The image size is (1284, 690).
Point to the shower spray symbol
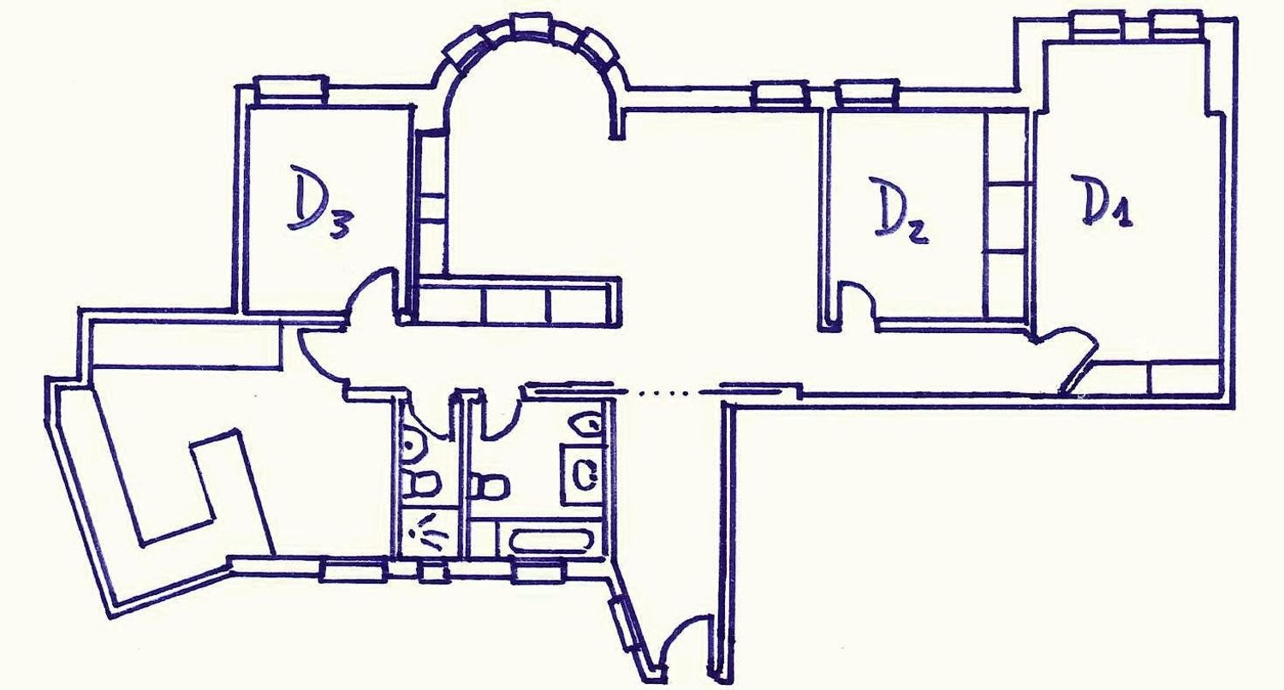pyautogui.click(x=428, y=534)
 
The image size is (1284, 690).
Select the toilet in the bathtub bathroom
pyautogui.click(x=489, y=487)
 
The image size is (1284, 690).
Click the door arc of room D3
pyautogui.click(x=370, y=288)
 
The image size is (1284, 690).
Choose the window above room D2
pyautogui.click(x=865, y=94)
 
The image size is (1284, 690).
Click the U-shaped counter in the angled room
pyautogui.click(x=189, y=487)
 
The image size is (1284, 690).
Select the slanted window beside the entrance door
pyautogui.click(x=627, y=623)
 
